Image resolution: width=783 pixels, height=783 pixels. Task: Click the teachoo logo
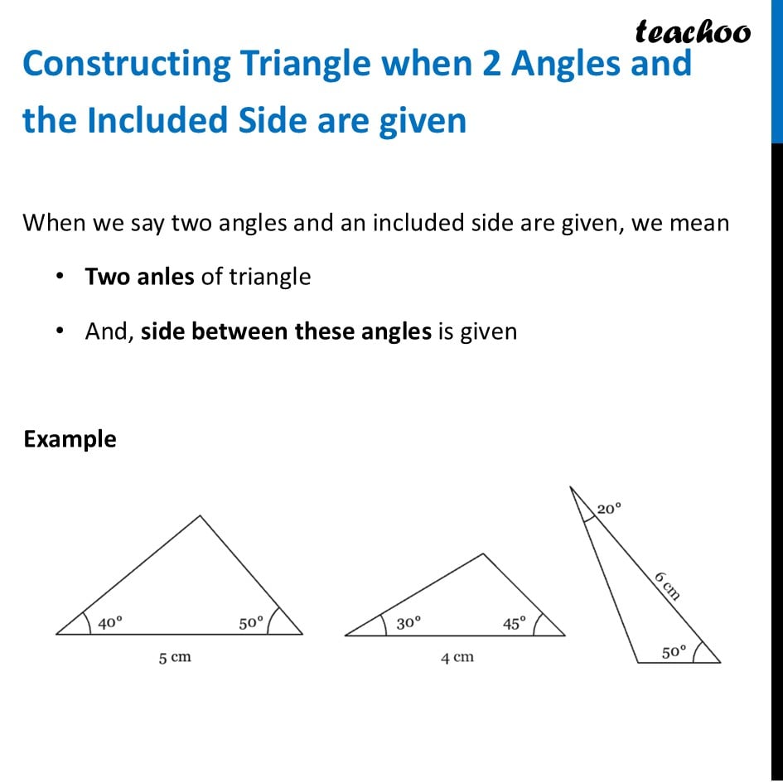[693, 32]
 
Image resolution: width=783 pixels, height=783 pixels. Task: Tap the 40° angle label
[110, 623]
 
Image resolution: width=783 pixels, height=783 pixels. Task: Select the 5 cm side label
[175, 657]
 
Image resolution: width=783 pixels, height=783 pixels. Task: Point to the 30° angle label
[408, 623]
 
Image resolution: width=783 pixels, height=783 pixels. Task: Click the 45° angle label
[515, 624]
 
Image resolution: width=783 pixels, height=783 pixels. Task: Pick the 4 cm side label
[457, 657]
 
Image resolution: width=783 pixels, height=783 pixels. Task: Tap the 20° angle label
[608, 510]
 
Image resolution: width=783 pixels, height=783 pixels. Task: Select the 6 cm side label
[667, 585]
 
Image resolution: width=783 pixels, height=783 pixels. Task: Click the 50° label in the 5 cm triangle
[251, 623]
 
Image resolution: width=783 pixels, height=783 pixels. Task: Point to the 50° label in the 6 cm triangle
[674, 652]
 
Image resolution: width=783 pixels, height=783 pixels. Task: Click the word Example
[70, 439]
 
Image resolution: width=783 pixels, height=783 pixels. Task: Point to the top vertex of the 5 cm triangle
[200, 516]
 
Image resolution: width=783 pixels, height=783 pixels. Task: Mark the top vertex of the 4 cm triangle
[482, 554]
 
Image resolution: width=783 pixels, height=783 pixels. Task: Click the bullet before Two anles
[60, 277]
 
